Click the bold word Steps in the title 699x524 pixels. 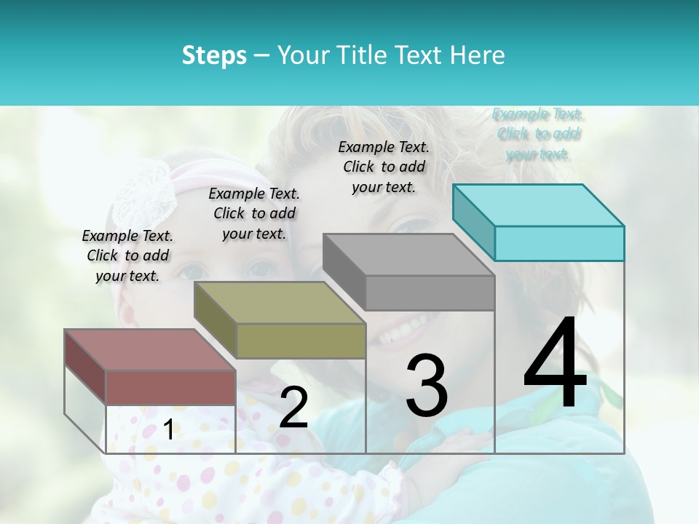[214, 55]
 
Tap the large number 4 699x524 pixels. [555, 364]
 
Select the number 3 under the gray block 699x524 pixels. [426, 385]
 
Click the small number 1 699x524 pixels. [168, 430]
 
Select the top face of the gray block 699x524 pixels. [408, 255]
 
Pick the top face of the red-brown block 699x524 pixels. [149, 350]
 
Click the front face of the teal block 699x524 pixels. [559, 243]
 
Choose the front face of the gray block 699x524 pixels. [430, 293]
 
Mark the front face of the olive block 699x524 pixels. [300, 341]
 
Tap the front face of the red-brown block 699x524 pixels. [170, 388]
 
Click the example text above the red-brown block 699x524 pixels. [127, 255]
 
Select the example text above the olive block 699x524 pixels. [253, 213]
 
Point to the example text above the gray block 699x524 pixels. [384, 167]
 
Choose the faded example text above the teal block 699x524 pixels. [538, 134]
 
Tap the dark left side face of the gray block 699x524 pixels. [344, 271]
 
